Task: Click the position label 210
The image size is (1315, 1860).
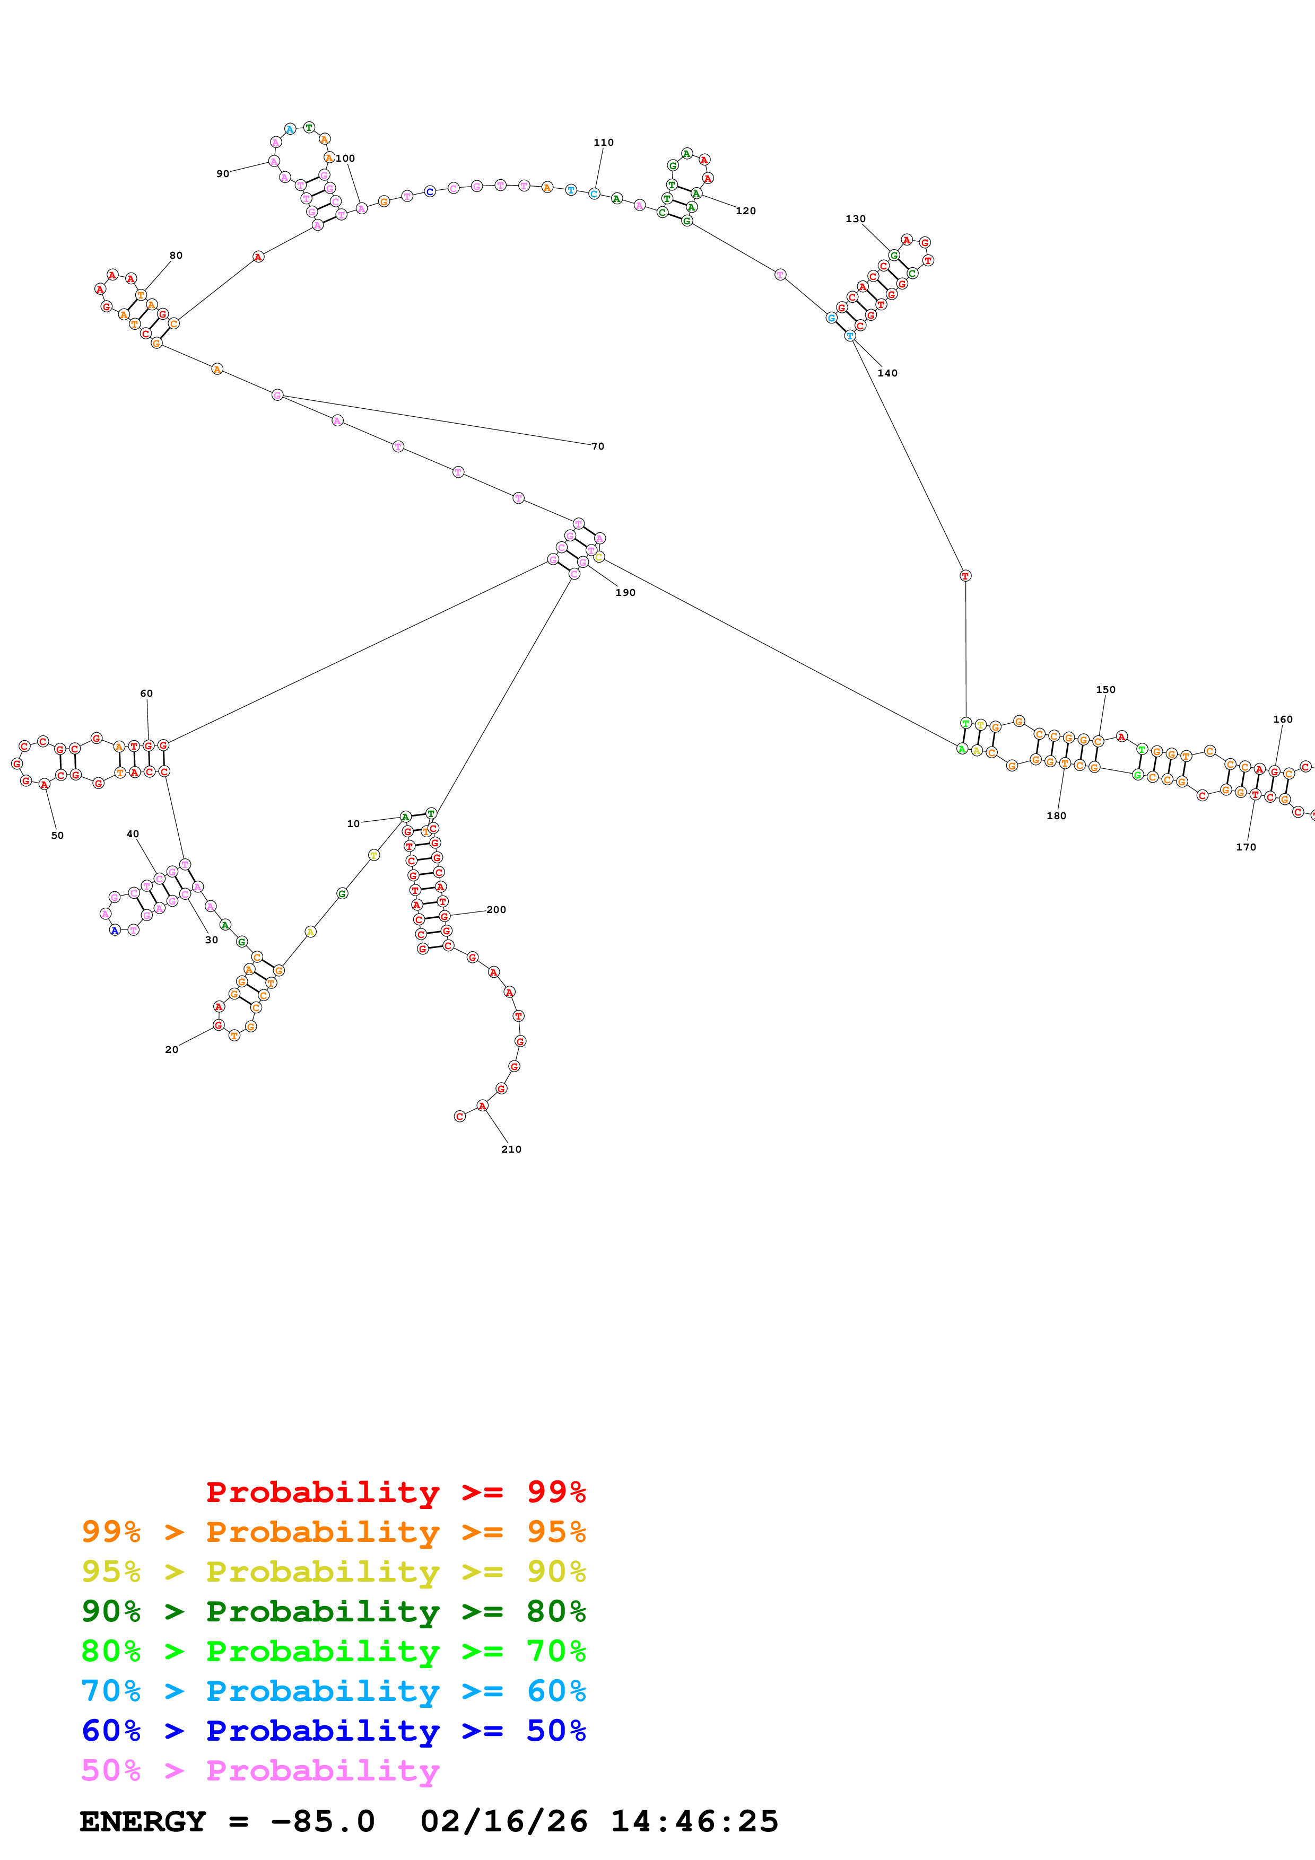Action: [x=511, y=1149]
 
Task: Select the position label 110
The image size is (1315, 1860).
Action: [x=604, y=143]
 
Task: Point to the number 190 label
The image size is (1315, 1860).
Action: [x=625, y=593]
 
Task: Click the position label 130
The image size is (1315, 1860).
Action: [x=856, y=219]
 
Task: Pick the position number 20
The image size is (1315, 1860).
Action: [x=172, y=1049]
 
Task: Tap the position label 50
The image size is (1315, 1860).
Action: [x=57, y=835]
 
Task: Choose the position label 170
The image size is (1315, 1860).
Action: [x=1246, y=847]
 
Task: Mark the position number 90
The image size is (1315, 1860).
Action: [x=223, y=174]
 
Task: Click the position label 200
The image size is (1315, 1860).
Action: [x=497, y=910]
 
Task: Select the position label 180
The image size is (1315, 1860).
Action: [x=1057, y=816]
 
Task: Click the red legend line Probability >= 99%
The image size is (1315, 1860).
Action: [x=395, y=1492]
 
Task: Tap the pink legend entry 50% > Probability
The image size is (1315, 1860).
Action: [x=260, y=1770]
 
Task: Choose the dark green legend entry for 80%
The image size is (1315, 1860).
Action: [x=334, y=1611]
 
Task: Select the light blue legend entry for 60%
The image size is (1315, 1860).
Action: [x=334, y=1691]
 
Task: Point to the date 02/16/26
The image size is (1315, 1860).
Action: [x=504, y=1821]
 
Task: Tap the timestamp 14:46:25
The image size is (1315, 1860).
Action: [x=694, y=1821]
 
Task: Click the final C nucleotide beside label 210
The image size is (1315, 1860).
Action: [x=459, y=1116]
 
